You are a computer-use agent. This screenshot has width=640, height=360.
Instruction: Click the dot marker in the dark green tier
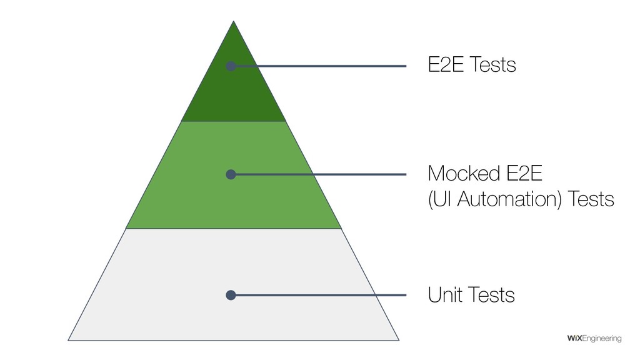click(231, 66)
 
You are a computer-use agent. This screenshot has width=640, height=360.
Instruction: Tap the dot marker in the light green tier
click(231, 174)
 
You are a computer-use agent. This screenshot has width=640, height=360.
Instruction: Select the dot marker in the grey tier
click(231, 295)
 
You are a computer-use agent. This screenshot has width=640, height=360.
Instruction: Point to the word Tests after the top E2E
click(492, 64)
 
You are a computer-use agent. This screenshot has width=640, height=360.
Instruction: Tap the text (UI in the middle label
click(437, 200)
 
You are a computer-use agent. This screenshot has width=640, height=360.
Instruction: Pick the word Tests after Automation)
click(591, 200)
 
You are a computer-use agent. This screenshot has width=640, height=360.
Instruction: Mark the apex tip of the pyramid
click(234, 21)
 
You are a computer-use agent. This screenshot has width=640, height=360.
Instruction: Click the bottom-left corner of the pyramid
click(69, 340)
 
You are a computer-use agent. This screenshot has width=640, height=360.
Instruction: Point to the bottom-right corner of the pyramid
click(399, 340)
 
